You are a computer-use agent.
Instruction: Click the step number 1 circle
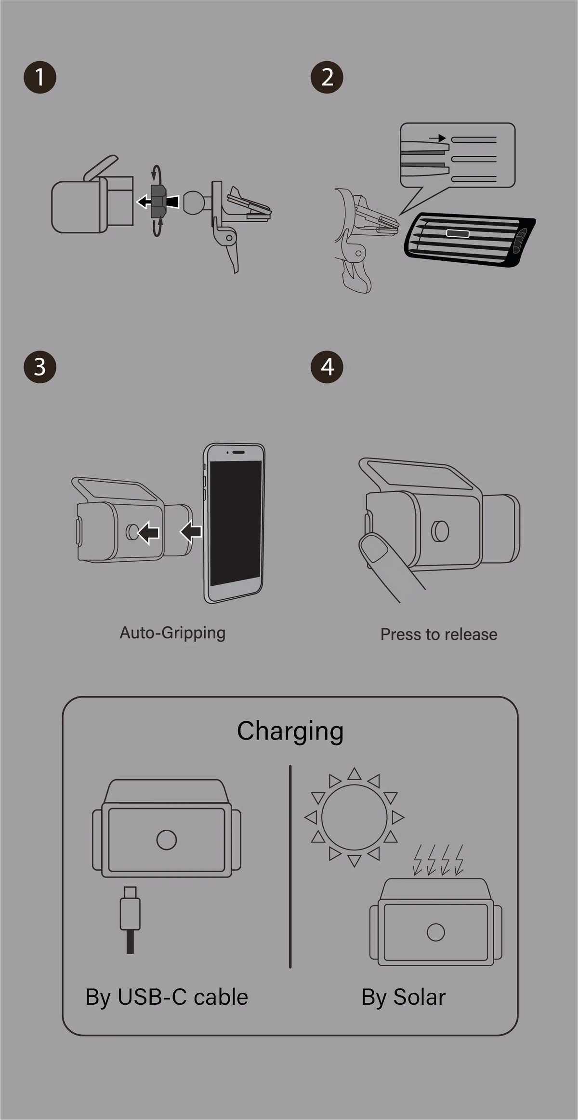pos(40,77)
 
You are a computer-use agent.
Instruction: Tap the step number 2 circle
pos(327,77)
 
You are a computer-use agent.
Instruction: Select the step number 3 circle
pos(40,367)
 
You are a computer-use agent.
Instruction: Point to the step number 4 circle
pos(327,367)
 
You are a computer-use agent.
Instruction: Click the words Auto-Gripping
pos(172,633)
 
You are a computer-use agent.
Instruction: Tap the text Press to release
pos(439,634)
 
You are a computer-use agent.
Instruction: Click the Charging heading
pos(290,731)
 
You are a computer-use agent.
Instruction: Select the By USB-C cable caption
pos(167,997)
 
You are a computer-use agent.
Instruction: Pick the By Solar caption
pos(403,997)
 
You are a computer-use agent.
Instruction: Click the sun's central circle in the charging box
pos(354,817)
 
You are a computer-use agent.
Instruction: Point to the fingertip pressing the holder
pos(374,548)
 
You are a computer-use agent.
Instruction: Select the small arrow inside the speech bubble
pos(438,138)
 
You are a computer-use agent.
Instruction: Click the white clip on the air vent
pos(458,234)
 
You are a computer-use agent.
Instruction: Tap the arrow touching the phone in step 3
pos(191,532)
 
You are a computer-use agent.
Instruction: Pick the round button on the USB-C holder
pos(167,840)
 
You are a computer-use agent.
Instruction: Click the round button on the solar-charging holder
pos(435,932)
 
